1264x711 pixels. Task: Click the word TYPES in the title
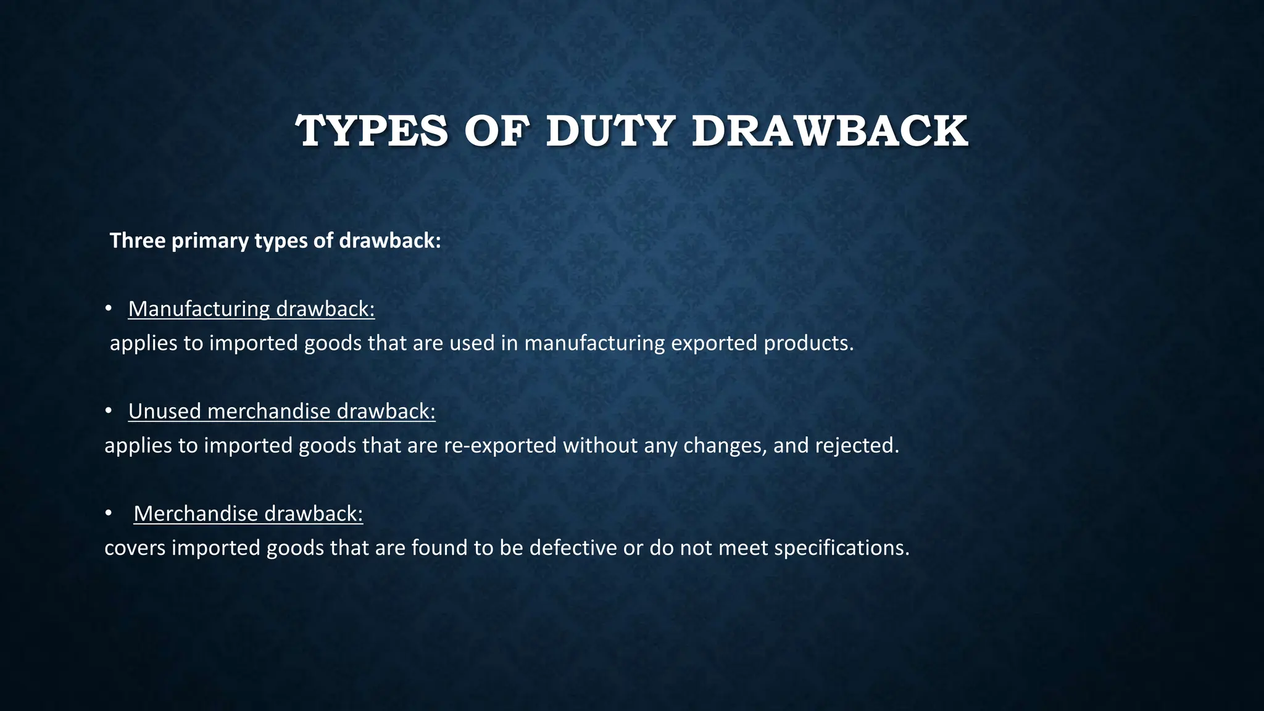tap(372, 131)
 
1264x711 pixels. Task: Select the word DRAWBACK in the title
tap(829, 131)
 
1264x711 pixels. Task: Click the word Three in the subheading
tap(138, 241)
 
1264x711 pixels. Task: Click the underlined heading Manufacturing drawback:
tap(251, 309)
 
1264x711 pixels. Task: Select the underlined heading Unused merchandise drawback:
tap(281, 411)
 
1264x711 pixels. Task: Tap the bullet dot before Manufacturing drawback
tap(108, 308)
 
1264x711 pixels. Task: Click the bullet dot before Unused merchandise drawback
tap(108, 410)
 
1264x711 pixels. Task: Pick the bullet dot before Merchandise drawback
tap(108, 513)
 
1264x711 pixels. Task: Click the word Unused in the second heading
tap(165, 411)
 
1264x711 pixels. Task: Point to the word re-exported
tap(500, 446)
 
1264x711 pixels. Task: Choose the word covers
tap(135, 548)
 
